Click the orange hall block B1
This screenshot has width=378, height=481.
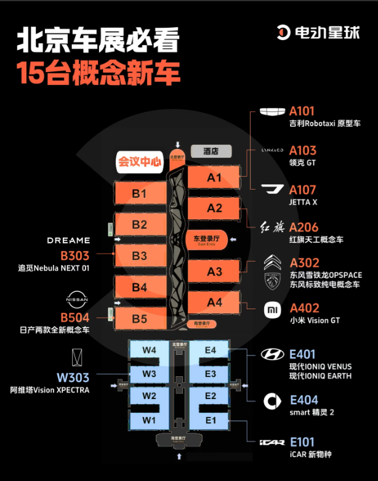click(x=140, y=194)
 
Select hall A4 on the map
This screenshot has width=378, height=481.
click(x=214, y=302)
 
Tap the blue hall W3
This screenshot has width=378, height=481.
click(x=148, y=373)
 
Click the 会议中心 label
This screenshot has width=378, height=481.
click(x=140, y=163)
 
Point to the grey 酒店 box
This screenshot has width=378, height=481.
click(x=211, y=151)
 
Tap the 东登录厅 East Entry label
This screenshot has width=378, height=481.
click(x=207, y=240)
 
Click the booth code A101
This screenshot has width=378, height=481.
click(x=302, y=111)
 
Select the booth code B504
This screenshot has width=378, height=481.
click(x=74, y=318)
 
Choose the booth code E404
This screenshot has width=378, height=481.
click(x=304, y=400)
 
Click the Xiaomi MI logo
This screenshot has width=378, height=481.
click(x=273, y=309)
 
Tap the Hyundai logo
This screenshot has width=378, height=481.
click(x=272, y=354)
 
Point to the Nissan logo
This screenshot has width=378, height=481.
click(x=77, y=300)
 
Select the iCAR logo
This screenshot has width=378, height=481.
click(x=272, y=442)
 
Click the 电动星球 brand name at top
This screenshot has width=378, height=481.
click(x=327, y=32)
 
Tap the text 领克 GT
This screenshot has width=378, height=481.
click(x=302, y=163)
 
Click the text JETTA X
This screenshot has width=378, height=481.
click(x=303, y=202)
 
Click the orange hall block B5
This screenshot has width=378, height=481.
click(x=140, y=319)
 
